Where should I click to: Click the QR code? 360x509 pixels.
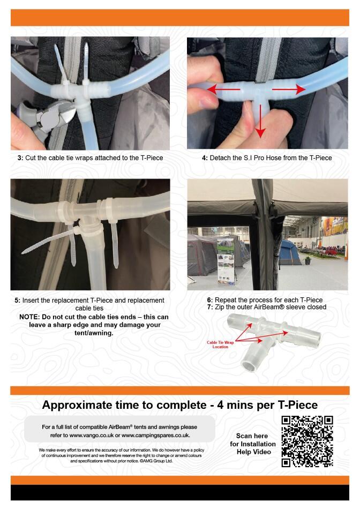point(307,441)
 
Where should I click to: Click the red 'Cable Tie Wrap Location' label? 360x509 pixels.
point(220,345)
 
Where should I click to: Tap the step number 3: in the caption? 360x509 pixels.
point(20,158)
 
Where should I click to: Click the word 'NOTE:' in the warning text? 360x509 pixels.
point(29,317)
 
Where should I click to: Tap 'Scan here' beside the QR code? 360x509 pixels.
point(252,436)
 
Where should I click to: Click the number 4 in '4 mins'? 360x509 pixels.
point(220,405)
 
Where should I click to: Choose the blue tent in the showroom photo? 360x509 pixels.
point(290,252)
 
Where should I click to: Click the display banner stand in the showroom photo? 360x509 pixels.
point(226,260)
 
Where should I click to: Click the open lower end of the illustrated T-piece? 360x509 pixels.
point(249,366)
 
